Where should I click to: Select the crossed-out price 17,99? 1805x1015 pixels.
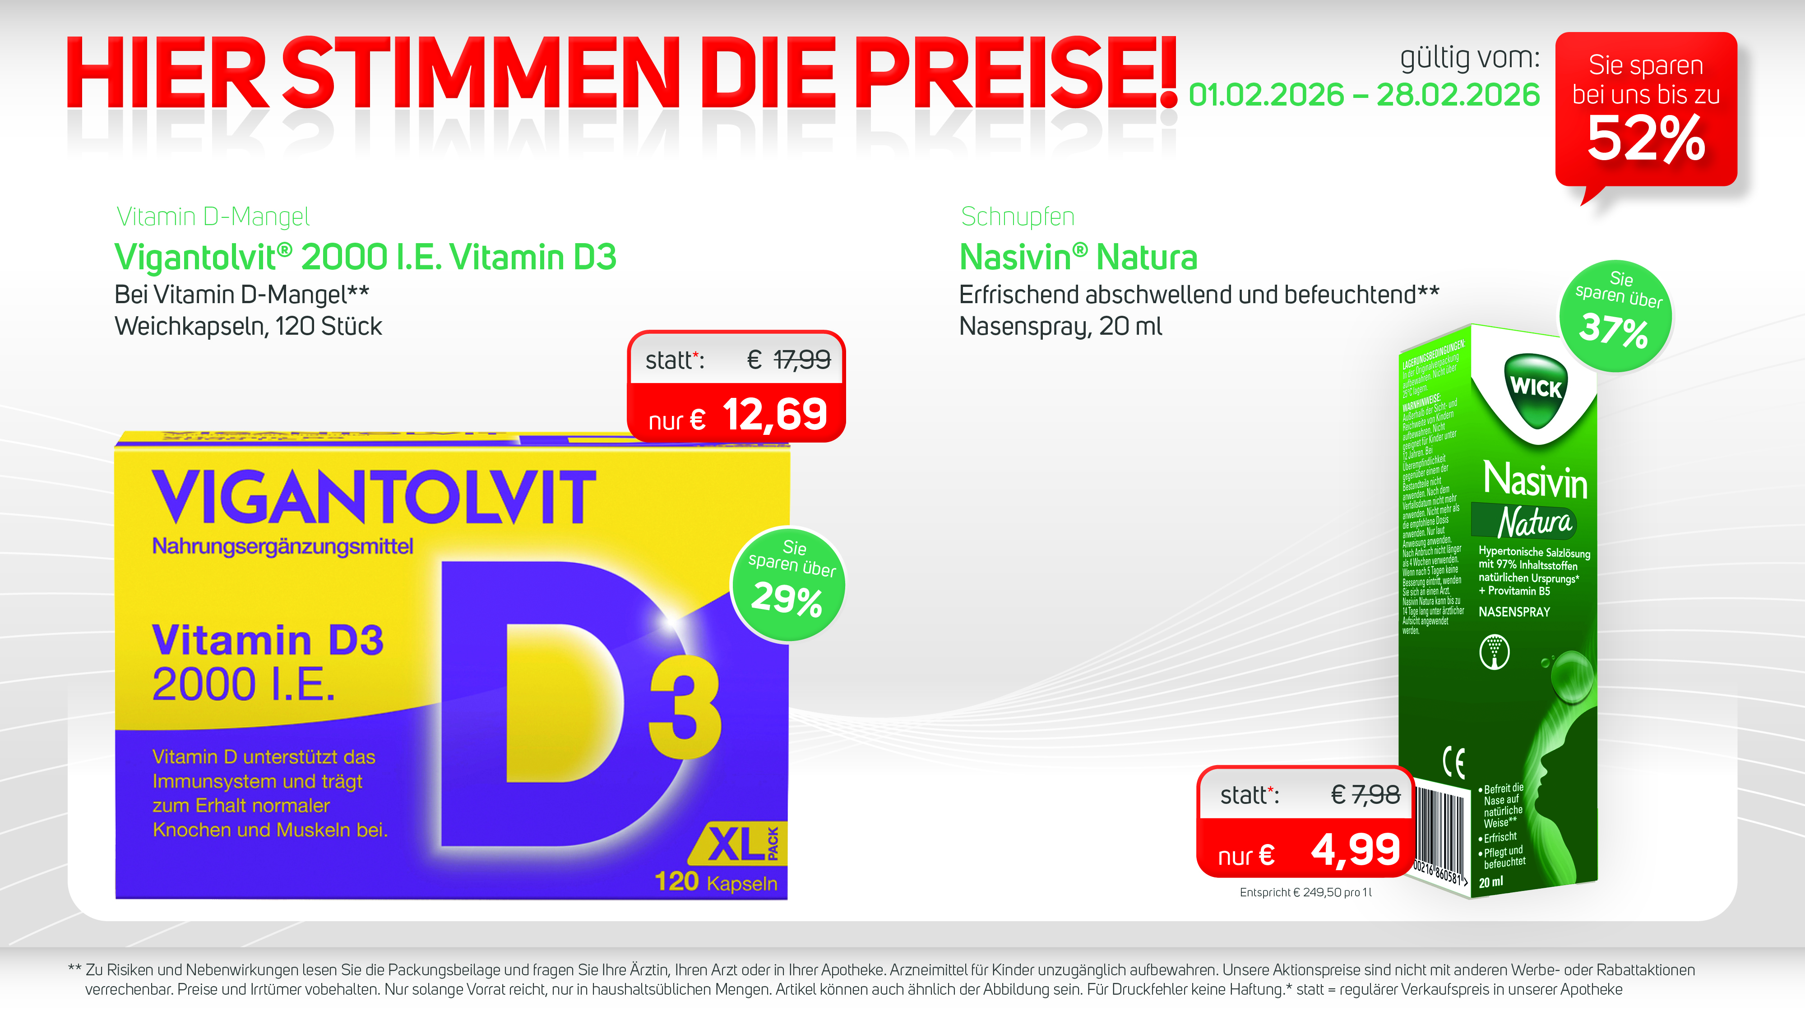[801, 360]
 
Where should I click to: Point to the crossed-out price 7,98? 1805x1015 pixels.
[1375, 795]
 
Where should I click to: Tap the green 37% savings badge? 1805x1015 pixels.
[1615, 316]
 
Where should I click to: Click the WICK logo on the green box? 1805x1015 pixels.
[1535, 388]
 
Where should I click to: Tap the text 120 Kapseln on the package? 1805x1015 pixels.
[715, 882]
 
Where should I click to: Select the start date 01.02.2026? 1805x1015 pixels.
[1266, 95]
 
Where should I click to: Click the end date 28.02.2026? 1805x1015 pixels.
[1458, 95]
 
